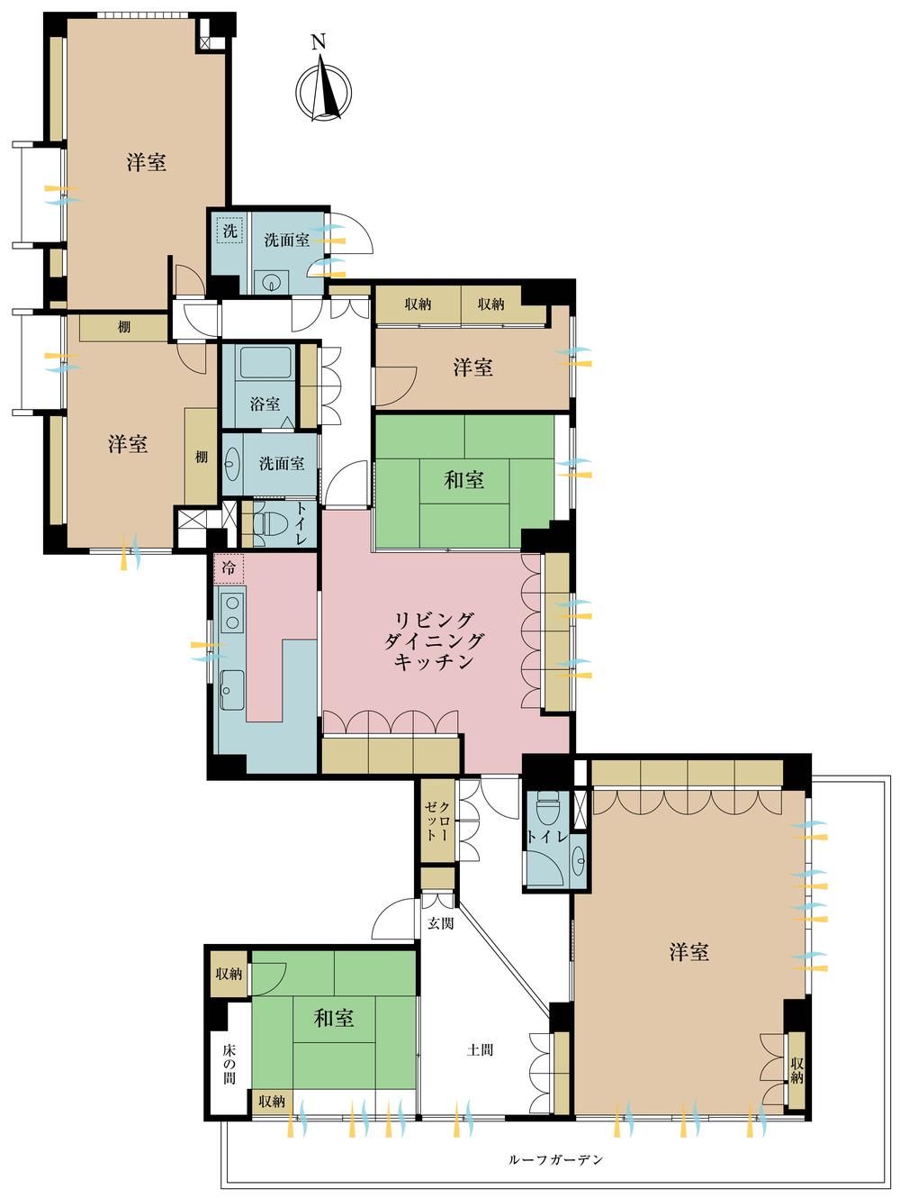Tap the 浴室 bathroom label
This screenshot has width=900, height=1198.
point(265,404)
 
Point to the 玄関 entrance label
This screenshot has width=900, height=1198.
point(440,923)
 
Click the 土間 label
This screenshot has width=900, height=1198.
point(480,1049)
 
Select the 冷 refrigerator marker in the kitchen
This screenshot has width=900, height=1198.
point(229,568)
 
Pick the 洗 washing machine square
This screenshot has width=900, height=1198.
point(230,231)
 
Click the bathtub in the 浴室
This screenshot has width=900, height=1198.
point(265,364)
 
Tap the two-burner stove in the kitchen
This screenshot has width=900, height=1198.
point(233,613)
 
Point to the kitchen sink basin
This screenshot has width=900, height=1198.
point(232,690)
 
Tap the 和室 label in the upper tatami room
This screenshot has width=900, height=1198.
point(463,480)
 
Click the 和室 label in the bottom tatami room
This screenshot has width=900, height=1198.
point(334,1018)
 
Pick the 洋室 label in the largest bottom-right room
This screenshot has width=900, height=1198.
point(689,952)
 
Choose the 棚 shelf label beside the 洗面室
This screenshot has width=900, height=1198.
point(202,457)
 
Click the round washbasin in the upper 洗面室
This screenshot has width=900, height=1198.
point(271,282)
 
